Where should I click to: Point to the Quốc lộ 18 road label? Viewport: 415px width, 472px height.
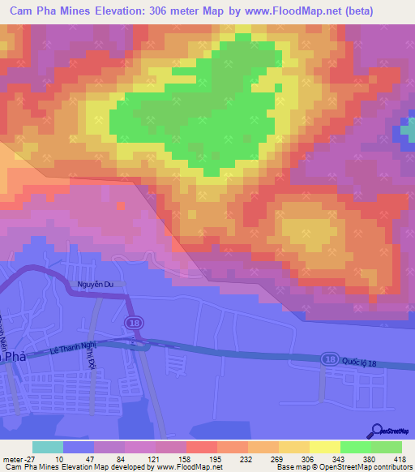coord(361,362)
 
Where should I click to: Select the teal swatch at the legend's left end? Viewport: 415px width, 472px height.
coord(48,447)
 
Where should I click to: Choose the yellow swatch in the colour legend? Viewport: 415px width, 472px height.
coord(323,447)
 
